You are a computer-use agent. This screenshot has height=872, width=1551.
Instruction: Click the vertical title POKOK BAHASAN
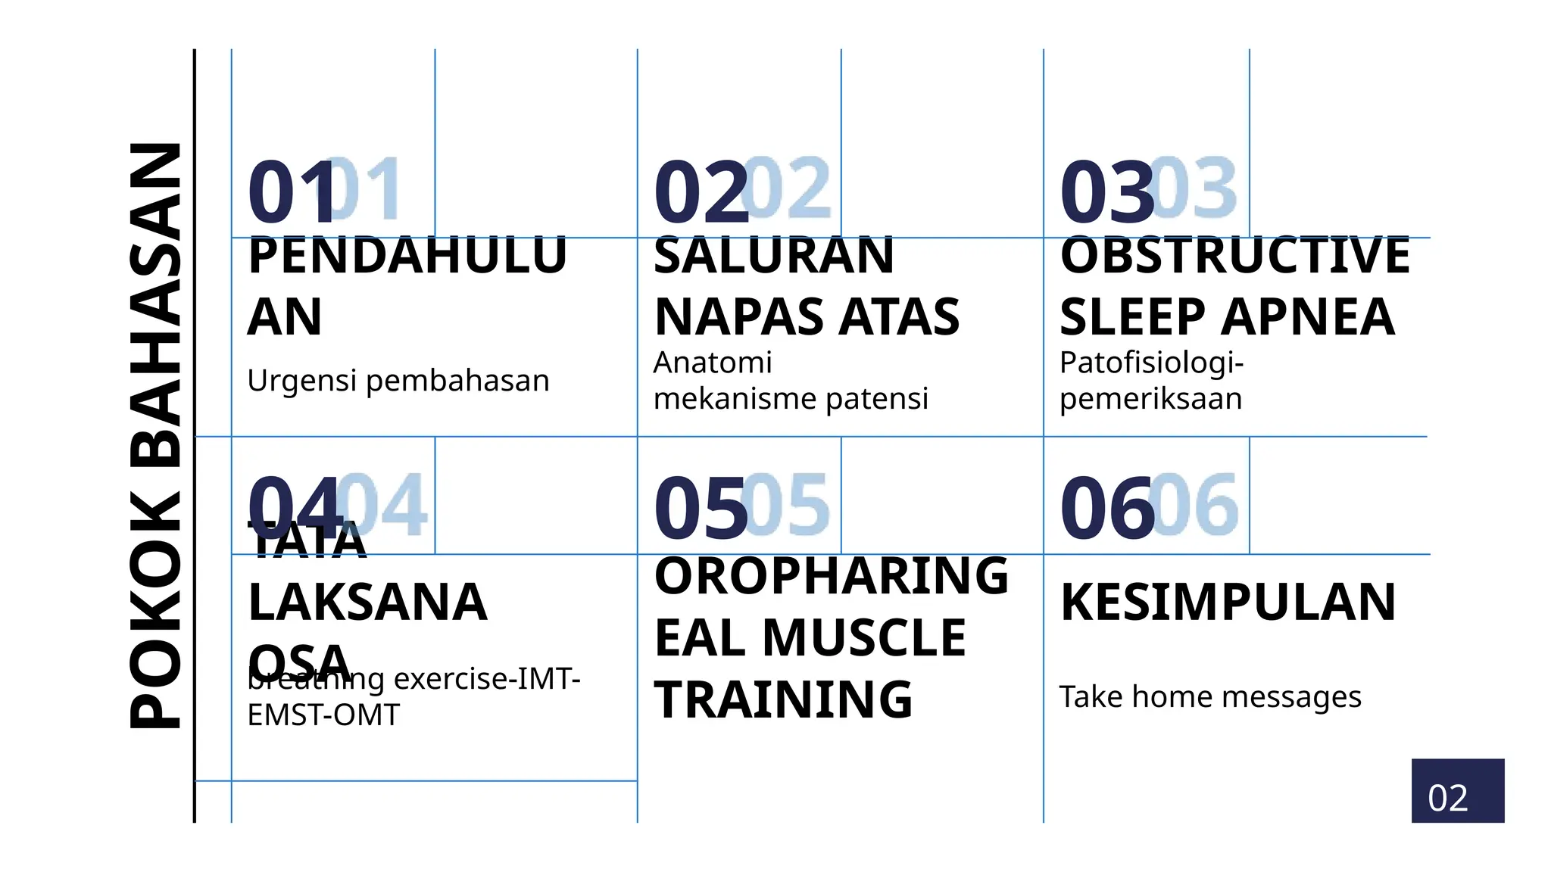pyautogui.click(x=155, y=435)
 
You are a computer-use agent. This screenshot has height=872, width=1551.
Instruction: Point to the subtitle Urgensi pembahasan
pyautogui.click(x=398, y=380)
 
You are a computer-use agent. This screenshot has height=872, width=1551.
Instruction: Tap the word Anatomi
pyautogui.click(x=712, y=363)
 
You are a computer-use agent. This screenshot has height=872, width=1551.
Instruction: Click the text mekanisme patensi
pyautogui.click(x=791, y=398)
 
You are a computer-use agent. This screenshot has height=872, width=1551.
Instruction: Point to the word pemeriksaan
pyautogui.click(x=1150, y=398)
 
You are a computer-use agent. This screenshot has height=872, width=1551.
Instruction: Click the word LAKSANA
pyautogui.click(x=367, y=603)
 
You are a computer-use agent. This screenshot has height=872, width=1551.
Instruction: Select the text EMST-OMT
pyautogui.click(x=323, y=715)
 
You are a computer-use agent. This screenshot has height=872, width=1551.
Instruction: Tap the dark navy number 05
pyautogui.click(x=701, y=509)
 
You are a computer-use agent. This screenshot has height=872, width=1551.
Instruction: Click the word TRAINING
pyautogui.click(x=783, y=699)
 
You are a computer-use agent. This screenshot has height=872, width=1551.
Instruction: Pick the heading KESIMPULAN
pyautogui.click(x=1228, y=603)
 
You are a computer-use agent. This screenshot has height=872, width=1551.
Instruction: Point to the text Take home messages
pyautogui.click(x=1209, y=696)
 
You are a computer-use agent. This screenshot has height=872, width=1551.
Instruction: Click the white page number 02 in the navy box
pyautogui.click(x=1447, y=798)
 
